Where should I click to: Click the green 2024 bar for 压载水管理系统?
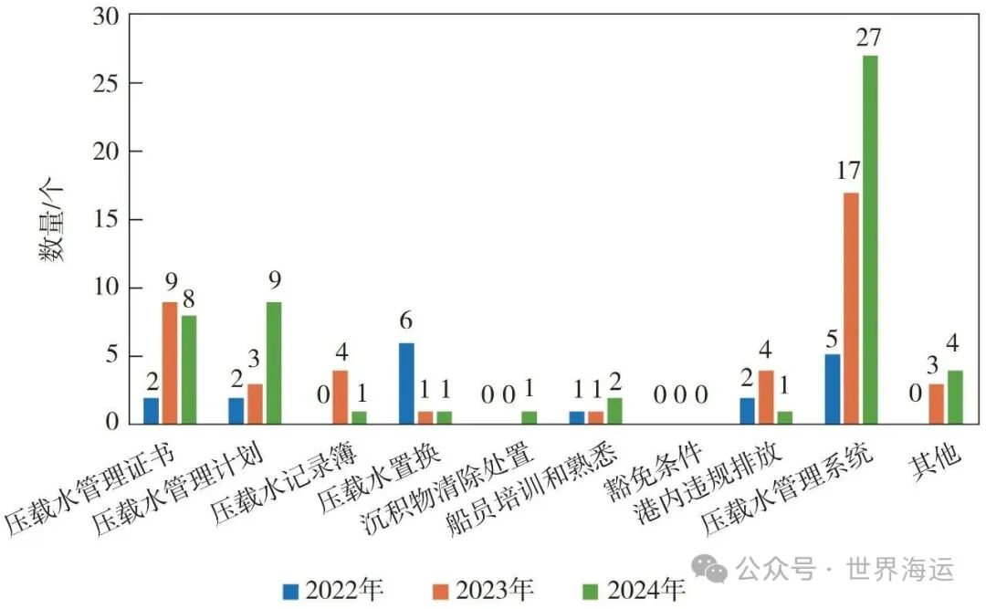[870, 239]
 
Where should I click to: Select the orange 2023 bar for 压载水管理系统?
[851, 308]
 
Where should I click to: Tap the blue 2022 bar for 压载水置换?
[406, 383]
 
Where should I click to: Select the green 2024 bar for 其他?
[955, 396]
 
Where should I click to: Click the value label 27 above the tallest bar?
[870, 39]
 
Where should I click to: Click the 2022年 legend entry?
[333, 590]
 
